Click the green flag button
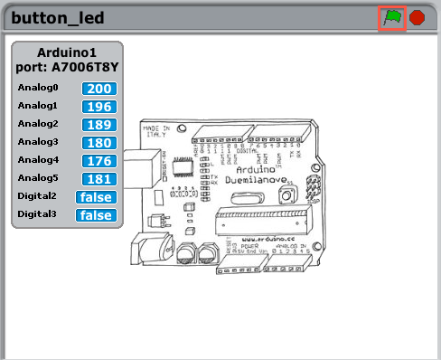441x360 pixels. point(391,17)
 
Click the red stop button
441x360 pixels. point(418,17)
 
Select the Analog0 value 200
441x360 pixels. point(99,89)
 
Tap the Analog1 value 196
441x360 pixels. point(99,107)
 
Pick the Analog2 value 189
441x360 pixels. point(99,125)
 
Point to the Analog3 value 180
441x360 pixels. point(99,143)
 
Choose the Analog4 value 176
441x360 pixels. point(99,161)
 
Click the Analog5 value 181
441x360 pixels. point(99,179)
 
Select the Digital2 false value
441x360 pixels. point(96,197)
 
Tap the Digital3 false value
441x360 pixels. point(96,215)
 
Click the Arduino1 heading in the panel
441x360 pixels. point(67,52)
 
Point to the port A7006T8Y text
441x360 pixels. point(67,66)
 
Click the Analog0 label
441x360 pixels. point(38,89)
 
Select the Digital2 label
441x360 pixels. point(37,197)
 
